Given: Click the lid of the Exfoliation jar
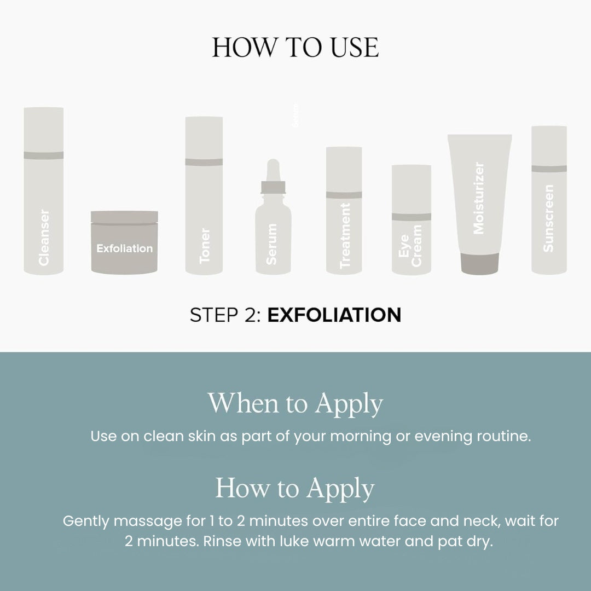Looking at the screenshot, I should point(124,217).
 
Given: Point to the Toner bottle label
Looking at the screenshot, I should point(205,246).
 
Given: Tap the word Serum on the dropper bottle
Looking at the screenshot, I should point(272,244).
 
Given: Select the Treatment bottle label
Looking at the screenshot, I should point(344,236).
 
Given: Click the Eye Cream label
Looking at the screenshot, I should point(410,245).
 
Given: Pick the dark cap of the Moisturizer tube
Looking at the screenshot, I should point(479,264).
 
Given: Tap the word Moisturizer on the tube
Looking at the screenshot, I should point(479,198).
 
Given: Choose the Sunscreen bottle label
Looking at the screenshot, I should point(548,218).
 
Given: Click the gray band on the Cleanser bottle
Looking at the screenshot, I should point(44,155).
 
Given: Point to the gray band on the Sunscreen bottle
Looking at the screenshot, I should point(549,169).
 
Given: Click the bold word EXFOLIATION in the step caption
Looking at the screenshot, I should point(334,315).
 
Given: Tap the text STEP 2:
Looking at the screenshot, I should point(225,315).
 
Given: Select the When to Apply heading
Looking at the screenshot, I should point(295,404).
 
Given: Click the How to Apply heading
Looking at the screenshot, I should point(295,488).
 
